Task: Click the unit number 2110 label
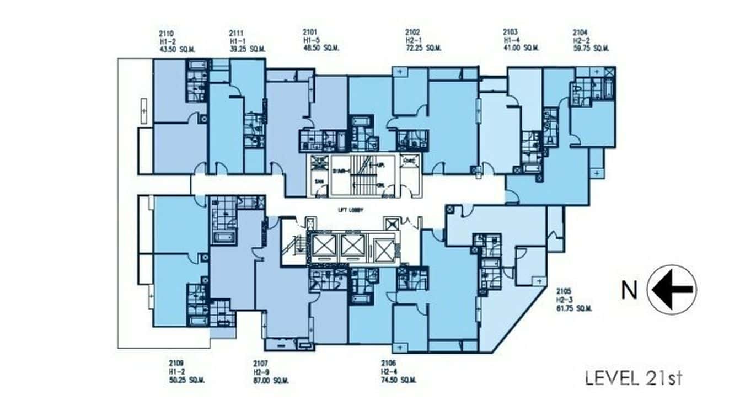pyautogui.click(x=165, y=33)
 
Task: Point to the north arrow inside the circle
pyautogui.click(x=672, y=290)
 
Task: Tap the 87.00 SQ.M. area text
pyautogui.click(x=270, y=381)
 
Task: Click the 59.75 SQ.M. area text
pyautogui.click(x=591, y=49)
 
